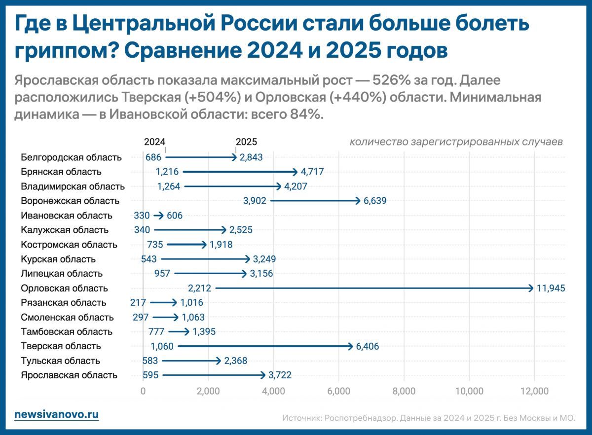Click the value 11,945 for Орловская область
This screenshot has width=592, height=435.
click(551, 288)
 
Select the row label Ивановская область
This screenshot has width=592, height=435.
click(67, 216)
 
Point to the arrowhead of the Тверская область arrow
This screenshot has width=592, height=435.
click(350, 346)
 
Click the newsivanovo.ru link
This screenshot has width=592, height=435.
click(56, 414)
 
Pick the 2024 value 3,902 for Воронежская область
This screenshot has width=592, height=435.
click(256, 201)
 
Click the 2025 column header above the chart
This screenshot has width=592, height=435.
click(246, 142)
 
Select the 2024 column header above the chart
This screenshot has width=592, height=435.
click(154, 142)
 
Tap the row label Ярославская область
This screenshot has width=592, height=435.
click(69, 375)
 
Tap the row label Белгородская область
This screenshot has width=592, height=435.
click(71, 157)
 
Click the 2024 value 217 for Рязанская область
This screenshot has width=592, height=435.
click(138, 303)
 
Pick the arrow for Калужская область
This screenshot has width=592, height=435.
click(190, 230)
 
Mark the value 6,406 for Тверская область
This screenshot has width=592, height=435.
click(367, 346)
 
